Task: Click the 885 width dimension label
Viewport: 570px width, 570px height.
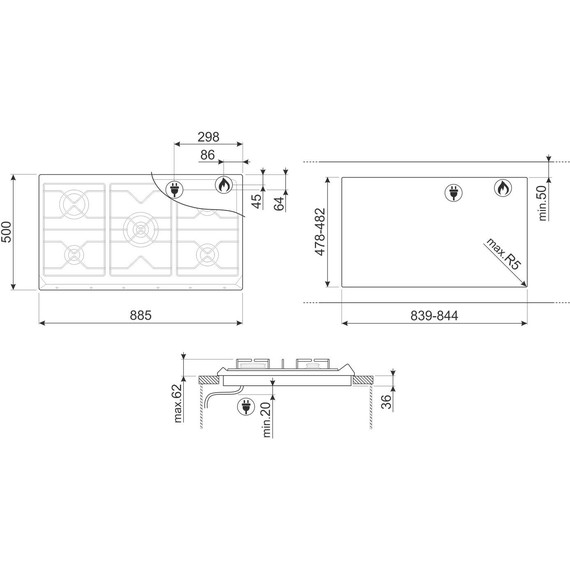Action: coord(140,315)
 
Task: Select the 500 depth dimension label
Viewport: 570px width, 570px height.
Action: coord(7,232)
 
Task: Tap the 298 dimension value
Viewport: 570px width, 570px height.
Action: coord(208,137)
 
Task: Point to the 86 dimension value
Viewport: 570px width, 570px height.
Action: coord(207,155)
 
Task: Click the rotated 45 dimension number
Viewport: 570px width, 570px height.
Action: coord(256,201)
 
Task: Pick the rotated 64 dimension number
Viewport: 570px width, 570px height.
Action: coord(279,204)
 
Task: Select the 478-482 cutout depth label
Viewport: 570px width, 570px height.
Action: coord(320,232)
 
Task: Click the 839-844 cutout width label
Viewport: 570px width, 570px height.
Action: coord(434,316)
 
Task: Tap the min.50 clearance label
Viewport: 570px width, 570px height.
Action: coord(542,203)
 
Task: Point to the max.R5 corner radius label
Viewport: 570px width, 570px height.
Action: coord(504,254)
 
